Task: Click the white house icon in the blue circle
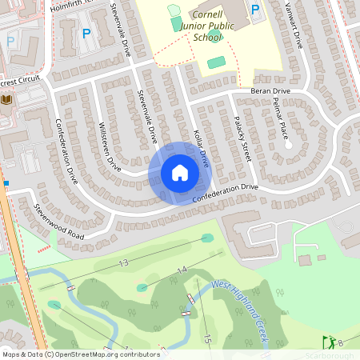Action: click(x=179, y=173)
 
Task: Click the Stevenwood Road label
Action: click(x=58, y=222)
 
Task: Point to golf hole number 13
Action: click(x=123, y=262)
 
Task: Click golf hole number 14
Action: click(x=182, y=270)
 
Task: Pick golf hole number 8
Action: click(x=340, y=343)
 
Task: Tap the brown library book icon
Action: click(x=7, y=99)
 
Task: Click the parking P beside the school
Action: click(x=255, y=10)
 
